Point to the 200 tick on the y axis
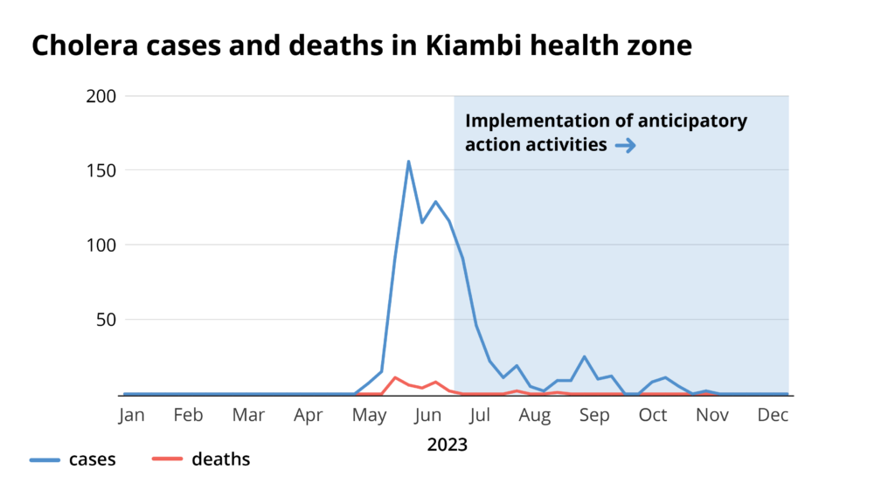(x=102, y=96)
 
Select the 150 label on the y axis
(x=102, y=170)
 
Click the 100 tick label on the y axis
(x=102, y=245)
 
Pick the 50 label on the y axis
(x=106, y=320)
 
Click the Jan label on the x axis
(x=132, y=416)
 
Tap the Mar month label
(x=249, y=416)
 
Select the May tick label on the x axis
(x=369, y=416)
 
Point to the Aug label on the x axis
(x=535, y=416)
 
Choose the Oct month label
(x=653, y=416)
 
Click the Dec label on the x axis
(x=773, y=416)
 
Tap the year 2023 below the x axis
(x=447, y=445)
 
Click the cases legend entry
(x=92, y=459)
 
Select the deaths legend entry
(x=220, y=459)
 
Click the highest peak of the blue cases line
(x=408, y=162)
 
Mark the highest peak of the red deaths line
(x=395, y=377)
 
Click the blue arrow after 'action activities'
(x=625, y=146)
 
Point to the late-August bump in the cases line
(x=584, y=356)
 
